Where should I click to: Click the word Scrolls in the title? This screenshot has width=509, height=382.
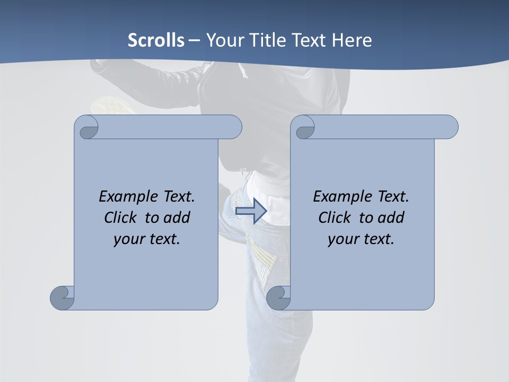[156, 40]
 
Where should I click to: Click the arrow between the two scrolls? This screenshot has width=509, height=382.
[251, 211]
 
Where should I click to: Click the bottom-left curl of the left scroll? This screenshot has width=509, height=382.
[63, 297]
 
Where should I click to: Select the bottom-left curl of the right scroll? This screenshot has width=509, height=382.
[278, 298]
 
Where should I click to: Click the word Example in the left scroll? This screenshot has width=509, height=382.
[127, 197]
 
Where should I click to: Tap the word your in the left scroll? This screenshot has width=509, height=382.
[127, 239]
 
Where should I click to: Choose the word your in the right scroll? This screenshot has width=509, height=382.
[341, 239]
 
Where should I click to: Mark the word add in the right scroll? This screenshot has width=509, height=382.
[391, 218]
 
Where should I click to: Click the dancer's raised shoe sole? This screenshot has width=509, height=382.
[112, 105]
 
